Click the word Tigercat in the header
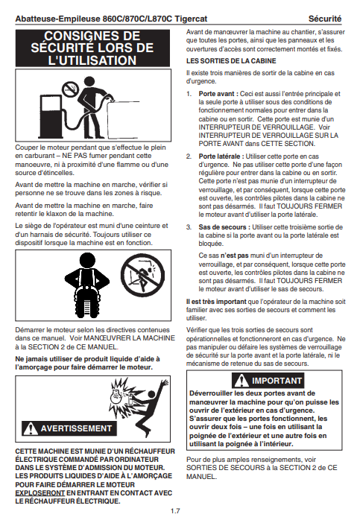click(191, 19)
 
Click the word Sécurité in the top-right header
click(325, 19)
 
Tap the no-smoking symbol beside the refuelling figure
click(70, 89)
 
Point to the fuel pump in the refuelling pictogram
click(50, 116)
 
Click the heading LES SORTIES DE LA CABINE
click(231, 61)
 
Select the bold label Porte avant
click(218, 94)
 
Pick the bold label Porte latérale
click(221, 156)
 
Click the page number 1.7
click(175, 511)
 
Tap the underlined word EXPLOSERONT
click(40, 493)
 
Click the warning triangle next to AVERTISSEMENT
click(31, 428)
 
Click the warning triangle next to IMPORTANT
click(241, 381)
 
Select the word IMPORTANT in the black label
click(277, 381)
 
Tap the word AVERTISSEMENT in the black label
click(76, 428)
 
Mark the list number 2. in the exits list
click(189, 156)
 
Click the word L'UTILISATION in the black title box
click(92, 60)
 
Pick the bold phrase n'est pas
click(234, 256)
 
